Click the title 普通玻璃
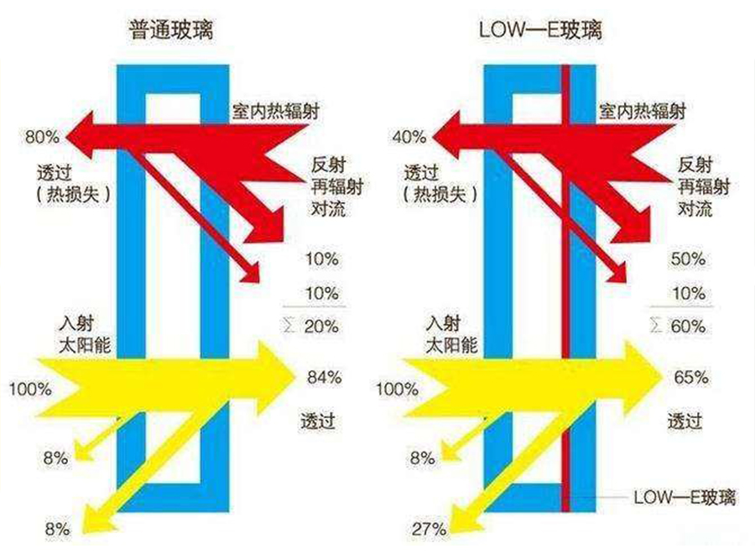click(x=171, y=30)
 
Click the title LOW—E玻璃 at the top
click(x=540, y=30)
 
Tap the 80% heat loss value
click(x=43, y=137)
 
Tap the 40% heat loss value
click(x=409, y=137)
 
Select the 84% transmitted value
click(x=325, y=377)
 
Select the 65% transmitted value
click(x=691, y=377)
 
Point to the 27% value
click(x=429, y=530)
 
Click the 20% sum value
click(x=321, y=327)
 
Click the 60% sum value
click(x=689, y=327)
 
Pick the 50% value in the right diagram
click(x=689, y=259)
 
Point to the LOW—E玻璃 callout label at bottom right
click(x=685, y=497)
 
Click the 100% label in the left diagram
click(x=30, y=389)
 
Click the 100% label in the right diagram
click(x=398, y=389)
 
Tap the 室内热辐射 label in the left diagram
click(x=275, y=112)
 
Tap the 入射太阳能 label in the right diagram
click(x=451, y=334)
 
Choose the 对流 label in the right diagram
click(x=695, y=209)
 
